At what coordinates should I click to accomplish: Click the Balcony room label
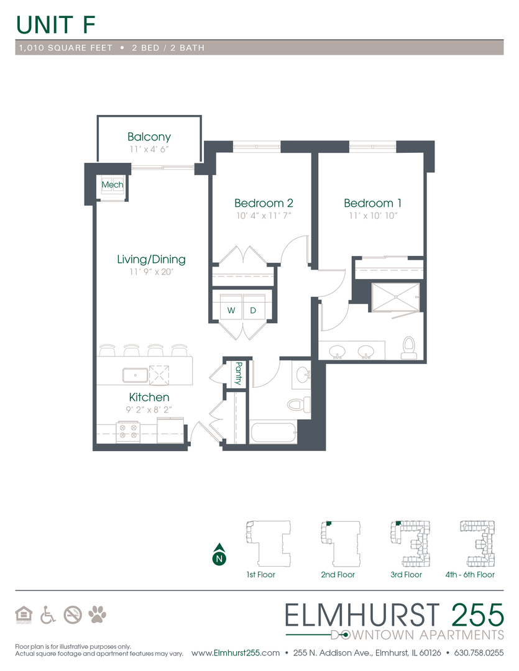tap(149, 137)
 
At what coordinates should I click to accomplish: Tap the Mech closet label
tap(113, 185)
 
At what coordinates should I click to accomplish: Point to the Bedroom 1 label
tap(369, 203)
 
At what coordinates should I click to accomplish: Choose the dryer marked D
tap(253, 309)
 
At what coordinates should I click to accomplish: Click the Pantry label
tap(237, 373)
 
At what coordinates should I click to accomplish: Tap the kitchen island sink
tap(135, 374)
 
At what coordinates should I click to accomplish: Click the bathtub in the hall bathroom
tap(273, 432)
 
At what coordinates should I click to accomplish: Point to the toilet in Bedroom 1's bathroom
tap(408, 348)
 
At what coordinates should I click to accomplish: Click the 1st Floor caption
tap(260, 575)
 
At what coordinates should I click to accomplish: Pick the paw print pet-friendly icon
tap(97, 614)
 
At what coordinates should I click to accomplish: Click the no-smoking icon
tap(72, 614)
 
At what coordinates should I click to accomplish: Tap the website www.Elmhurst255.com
tap(236, 653)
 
